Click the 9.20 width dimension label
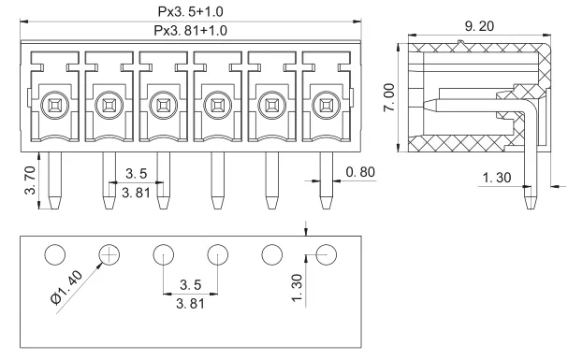(x=479, y=26)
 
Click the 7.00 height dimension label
(x=389, y=97)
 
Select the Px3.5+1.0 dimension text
(x=191, y=12)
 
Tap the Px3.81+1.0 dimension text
(x=191, y=31)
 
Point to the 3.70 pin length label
(x=30, y=180)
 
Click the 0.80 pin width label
(x=360, y=172)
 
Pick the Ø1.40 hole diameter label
(x=66, y=288)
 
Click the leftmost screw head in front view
(x=54, y=106)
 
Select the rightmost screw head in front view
(x=326, y=106)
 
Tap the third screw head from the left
(x=164, y=106)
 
